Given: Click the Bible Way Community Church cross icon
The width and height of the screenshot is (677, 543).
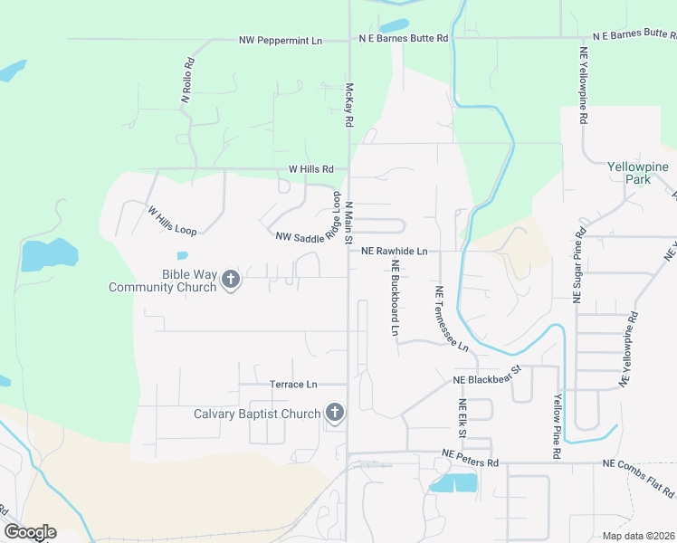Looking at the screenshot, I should (231, 280).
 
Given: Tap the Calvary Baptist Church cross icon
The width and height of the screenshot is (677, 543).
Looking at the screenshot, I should (335, 414).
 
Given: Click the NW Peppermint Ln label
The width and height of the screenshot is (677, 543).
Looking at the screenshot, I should (281, 41).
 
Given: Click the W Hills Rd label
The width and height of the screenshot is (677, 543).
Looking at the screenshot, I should (311, 169).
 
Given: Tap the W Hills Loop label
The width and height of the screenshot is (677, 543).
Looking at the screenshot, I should (172, 221).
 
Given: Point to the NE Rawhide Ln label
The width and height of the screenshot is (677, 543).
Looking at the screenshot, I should (394, 252).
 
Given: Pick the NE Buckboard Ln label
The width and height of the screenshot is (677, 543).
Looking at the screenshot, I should (396, 299).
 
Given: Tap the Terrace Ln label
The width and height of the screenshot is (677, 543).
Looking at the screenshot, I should (294, 385).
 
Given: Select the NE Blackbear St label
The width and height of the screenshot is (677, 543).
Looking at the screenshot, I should (489, 376).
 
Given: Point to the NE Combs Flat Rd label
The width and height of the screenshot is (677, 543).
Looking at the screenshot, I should (639, 478).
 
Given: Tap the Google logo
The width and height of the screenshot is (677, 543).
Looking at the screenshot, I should (31, 532).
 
